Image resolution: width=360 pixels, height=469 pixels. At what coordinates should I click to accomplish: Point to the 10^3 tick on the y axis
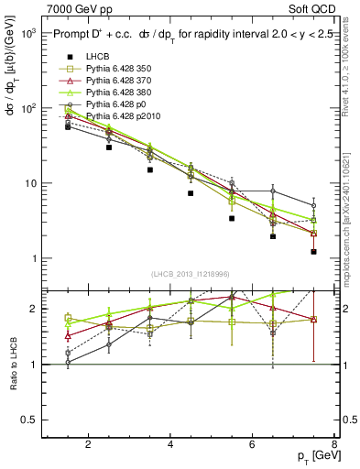point(27,33)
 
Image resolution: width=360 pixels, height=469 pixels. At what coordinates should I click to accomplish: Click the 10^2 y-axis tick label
point(27,108)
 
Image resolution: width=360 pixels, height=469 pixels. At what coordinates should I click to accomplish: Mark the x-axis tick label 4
point(171,446)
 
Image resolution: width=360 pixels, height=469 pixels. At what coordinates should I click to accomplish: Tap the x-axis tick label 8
point(334,446)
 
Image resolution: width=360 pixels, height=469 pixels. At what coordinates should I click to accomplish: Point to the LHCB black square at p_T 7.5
point(313,251)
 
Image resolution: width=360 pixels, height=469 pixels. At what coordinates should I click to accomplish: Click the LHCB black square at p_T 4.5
point(191,193)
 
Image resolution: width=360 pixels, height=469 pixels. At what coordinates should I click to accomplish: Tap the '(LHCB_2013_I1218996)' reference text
point(191,275)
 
